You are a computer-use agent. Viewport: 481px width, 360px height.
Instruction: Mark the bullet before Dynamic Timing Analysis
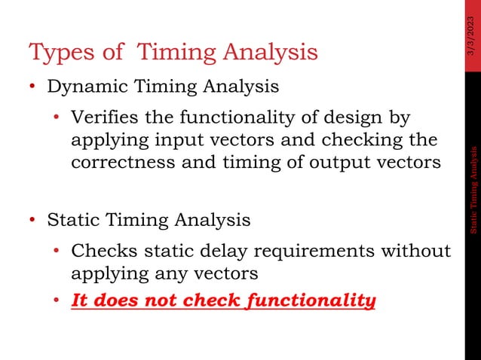[x=33, y=87]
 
